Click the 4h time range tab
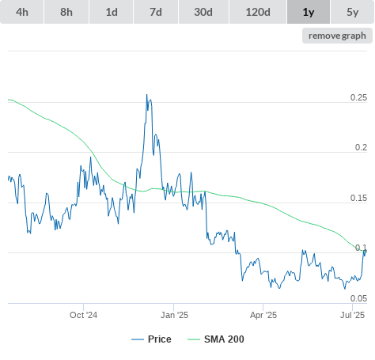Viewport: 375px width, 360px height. (22, 12)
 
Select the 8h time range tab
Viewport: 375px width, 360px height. (66, 12)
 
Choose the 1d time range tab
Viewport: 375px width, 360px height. (112, 12)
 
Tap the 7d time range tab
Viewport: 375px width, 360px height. (156, 12)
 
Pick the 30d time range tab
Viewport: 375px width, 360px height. (203, 12)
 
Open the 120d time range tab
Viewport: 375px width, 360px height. (258, 12)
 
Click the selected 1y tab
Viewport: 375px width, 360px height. (309, 12)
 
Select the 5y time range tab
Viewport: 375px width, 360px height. (353, 12)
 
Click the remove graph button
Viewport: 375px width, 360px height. (337, 36)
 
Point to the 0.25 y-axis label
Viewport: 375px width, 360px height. (358, 97)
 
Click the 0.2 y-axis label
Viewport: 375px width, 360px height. (361, 147)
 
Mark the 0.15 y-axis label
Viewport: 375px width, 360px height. (358, 198)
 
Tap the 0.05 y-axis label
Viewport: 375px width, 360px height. (358, 298)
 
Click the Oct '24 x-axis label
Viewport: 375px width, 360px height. (83, 315)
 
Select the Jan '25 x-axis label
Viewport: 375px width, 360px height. (174, 315)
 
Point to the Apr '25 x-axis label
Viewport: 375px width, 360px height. (263, 315)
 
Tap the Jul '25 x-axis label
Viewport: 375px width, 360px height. (353, 315)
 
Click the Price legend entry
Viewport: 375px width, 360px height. (151, 339)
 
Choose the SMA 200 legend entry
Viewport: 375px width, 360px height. (216, 339)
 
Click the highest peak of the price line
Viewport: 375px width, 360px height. (147, 94)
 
